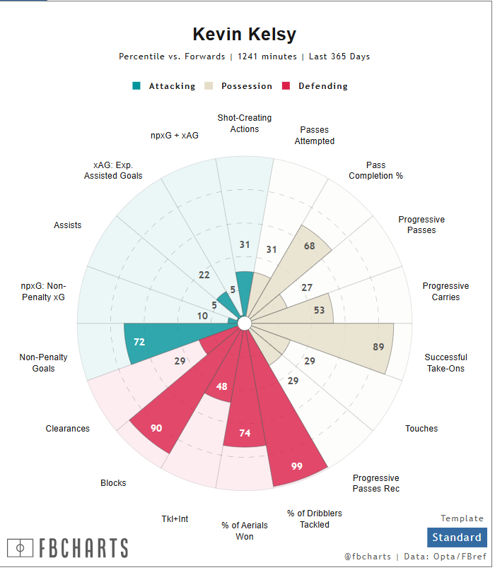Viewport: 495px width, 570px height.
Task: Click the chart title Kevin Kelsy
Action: coord(245,35)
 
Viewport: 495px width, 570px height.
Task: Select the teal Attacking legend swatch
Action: coord(136,86)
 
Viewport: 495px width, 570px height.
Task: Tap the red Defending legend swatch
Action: coord(286,86)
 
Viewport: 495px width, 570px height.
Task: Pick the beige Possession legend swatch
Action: coord(209,86)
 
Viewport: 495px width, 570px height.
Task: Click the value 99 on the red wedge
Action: coord(297,466)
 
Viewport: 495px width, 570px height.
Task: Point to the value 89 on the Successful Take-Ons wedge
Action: coord(379,346)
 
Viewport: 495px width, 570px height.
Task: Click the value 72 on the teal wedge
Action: coord(139,342)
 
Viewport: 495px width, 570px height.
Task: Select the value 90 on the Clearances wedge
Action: coord(156,428)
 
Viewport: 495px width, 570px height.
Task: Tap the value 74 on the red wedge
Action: coord(245,433)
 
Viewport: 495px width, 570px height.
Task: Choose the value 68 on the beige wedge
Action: coord(309,246)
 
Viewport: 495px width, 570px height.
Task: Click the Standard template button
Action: coord(457,538)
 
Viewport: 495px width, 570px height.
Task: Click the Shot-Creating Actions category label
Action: coord(245,124)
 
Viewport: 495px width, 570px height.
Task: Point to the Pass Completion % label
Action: coord(375,170)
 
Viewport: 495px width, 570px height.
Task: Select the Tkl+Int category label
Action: coord(175,519)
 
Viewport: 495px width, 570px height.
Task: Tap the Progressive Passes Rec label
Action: coord(375,483)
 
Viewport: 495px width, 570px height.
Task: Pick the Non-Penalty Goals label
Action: coord(43,362)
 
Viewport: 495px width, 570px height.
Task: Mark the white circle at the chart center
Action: coord(245,323)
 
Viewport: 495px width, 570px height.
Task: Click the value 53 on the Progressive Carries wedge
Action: coord(319,311)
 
